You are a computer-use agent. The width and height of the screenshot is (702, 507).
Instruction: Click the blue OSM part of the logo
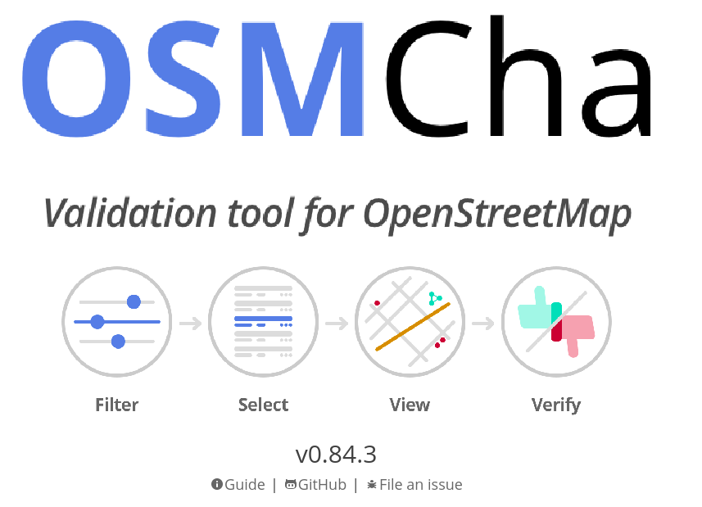coord(193,79)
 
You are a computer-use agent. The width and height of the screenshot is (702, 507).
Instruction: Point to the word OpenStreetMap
coord(497,215)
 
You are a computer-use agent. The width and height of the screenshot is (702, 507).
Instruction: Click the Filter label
coord(117,405)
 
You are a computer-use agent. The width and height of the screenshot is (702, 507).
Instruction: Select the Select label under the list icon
coord(263,405)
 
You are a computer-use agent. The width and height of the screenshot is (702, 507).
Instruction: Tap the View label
coord(410,405)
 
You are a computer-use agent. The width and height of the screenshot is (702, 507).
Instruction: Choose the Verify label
coord(556,405)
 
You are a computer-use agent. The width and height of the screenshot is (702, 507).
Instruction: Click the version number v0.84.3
coord(336,455)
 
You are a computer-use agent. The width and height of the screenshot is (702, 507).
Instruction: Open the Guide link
coord(238,484)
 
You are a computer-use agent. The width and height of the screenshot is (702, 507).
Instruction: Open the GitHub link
coord(315,484)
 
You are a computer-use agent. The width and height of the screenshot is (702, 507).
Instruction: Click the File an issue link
coord(414,484)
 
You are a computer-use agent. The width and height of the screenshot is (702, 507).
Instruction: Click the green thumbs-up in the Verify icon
coord(537,311)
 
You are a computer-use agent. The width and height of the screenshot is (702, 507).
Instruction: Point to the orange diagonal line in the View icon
coord(413,327)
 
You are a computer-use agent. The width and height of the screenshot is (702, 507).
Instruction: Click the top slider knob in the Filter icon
coord(134,302)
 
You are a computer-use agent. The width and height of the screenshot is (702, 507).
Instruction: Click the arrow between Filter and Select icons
coord(191,323)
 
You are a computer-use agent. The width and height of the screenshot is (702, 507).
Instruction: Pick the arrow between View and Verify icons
coord(483,323)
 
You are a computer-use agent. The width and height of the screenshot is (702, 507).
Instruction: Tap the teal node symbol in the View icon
coord(435,298)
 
